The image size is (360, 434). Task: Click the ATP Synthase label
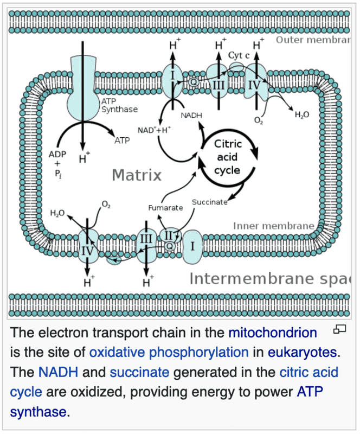point(119,105)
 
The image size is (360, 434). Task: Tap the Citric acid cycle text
point(228,157)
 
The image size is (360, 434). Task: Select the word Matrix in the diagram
point(137,175)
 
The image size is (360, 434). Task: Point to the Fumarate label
point(165,208)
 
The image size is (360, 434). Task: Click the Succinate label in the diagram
point(210,202)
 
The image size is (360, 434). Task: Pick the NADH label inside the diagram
point(192,115)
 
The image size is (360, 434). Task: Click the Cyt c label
point(239,55)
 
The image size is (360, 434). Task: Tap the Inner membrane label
point(273,226)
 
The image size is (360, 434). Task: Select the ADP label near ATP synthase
point(57,154)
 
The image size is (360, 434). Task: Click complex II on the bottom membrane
point(168,235)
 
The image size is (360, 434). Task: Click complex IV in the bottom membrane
point(87,251)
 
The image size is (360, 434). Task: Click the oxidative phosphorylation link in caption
point(169,352)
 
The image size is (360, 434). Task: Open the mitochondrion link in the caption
point(273,333)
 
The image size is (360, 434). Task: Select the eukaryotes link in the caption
point(302,352)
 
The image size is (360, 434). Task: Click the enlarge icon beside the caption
point(339,329)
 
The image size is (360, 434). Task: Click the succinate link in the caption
point(139,372)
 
